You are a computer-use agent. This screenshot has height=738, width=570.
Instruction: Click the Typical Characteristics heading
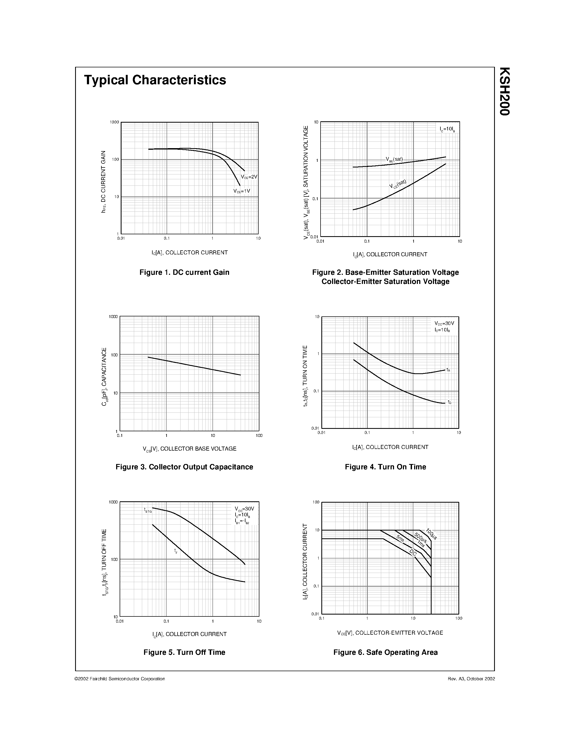pyautogui.click(x=155, y=80)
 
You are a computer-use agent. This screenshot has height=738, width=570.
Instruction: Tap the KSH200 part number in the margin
pyautogui.click(x=504, y=92)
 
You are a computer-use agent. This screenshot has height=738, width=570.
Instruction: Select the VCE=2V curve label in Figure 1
pyautogui.click(x=249, y=177)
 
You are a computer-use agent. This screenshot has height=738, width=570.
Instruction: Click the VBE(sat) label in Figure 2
pyautogui.click(x=394, y=159)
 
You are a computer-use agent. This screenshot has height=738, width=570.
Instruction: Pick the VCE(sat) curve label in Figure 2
pyautogui.click(x=398, y=184)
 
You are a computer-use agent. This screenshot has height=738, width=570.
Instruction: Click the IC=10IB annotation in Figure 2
pyautogui.click(x=447, y=129)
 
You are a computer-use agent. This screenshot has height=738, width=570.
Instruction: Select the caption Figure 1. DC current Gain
pyautogui.click(x=184, y=272)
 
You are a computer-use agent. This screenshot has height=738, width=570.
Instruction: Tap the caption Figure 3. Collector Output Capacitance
pyautogui.click(x=184, y=467)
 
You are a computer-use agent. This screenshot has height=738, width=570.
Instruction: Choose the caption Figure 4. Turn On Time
pyautogui.click(x=385, y=467)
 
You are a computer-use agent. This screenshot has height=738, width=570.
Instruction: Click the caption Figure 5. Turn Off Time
pyautogui.click(x=184, y=652)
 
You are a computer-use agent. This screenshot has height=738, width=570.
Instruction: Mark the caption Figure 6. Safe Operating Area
pyautogui.click(x=385, y=652)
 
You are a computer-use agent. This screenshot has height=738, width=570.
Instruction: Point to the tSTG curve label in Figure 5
pyautogui.click(x=148, y=510)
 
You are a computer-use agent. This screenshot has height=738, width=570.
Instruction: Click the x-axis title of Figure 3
pyautogui.click(x=189, y=449)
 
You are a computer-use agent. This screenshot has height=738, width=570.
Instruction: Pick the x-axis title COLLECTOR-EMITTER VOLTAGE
pyautogui.click(x=390, y=633)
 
